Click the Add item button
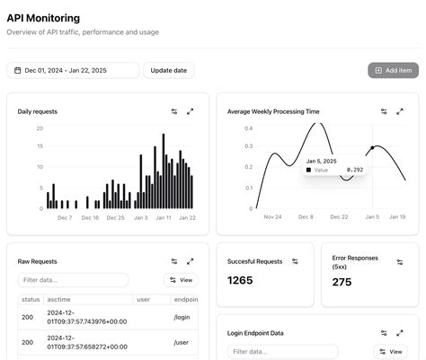[393, 70]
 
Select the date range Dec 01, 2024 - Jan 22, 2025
[73, 70]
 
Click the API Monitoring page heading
[43, 18]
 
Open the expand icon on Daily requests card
[191, 111]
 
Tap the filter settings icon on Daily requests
[174, 111]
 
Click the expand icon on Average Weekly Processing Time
[400, 111]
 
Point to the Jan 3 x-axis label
[140, 217]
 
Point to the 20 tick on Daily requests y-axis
[40, 128]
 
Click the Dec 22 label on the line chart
[339, 216]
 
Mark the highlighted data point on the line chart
[372, 148]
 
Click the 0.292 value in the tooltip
[355, 169]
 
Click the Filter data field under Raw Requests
[73, 280]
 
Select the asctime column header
[58, 299]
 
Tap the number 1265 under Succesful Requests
[241, 281]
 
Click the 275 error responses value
[342, 282]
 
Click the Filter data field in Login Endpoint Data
[282, 351]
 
